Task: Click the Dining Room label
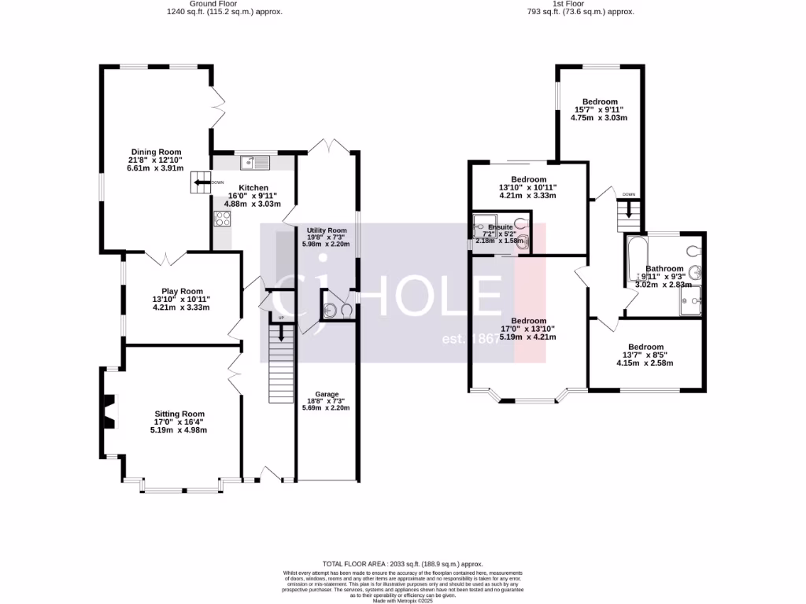click(156, 152)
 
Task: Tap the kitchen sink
click(257, 163)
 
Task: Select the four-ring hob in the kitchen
click(221, 219)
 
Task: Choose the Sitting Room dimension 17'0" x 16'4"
click(179, 422)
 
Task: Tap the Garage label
click(327, 394)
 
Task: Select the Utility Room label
click(327, 230)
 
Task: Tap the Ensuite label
click(501, 227)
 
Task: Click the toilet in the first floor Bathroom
click(693, 252)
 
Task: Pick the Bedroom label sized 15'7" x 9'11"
click(600, 101)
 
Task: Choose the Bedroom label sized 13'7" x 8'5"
click(645, 347)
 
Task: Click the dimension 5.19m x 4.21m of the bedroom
click(528, 337)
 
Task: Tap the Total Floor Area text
click(402, 564)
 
